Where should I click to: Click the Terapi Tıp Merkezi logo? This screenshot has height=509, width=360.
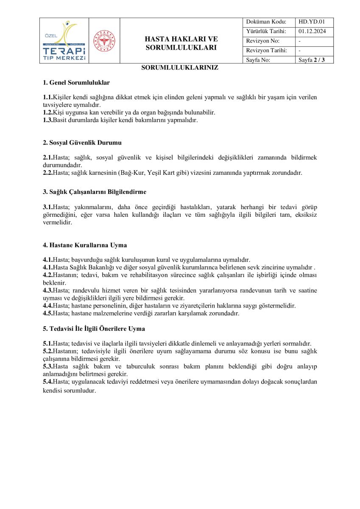65,41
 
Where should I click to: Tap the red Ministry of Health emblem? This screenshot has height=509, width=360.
104,41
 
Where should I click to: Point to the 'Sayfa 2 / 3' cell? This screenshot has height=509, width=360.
312,60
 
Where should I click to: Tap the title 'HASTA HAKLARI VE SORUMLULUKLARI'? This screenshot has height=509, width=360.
181,43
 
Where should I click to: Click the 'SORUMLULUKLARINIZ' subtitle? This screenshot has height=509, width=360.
180,67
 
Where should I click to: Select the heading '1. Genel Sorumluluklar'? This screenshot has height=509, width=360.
76,83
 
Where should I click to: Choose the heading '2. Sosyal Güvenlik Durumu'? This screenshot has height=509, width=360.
82,143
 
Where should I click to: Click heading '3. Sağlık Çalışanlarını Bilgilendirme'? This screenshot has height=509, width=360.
95,192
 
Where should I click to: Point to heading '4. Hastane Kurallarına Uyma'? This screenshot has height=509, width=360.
85,245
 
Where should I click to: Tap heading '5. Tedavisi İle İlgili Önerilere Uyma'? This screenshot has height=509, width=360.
94,329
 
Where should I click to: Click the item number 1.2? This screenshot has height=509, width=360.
47,113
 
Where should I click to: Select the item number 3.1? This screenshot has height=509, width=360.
47,207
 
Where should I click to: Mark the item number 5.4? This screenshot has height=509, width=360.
47,382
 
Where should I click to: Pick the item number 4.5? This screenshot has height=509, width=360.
47,314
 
